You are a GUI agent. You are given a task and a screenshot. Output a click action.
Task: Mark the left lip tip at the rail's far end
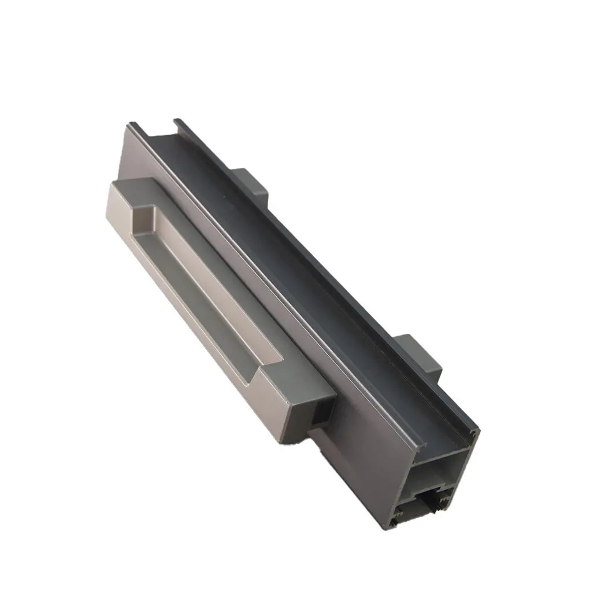point(131,124)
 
